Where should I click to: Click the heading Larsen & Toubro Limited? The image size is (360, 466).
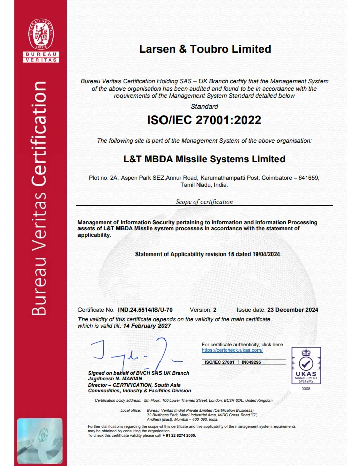coord(205,49)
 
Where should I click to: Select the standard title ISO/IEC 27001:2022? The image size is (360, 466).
coord(204,120)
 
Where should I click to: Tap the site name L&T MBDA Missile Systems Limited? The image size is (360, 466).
coord(204,159)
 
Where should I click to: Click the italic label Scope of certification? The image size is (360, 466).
coord(204,201)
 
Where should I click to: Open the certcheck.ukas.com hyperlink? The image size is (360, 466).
coord(232,350)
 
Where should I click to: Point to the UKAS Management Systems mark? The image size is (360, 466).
coord(306,365)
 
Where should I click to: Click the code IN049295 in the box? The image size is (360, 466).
coord(251,362)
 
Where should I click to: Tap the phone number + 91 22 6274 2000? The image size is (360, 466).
coord(178,435)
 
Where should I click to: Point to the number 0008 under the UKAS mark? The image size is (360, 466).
coord(306,388)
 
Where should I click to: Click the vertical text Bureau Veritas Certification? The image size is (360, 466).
coord(40,197)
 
